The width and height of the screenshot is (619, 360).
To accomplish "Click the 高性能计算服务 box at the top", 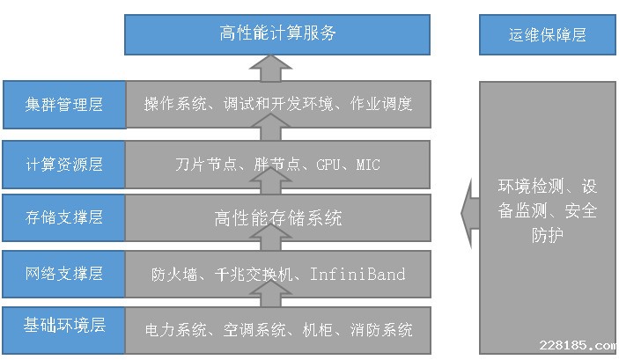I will click(277, 34).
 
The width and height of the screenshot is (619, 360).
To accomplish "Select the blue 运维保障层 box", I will click(547, 35).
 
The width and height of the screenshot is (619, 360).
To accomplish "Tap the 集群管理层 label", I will click(64, 105).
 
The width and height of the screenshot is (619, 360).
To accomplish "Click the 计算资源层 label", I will click(64, 165).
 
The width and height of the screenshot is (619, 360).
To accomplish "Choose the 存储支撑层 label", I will click(64, 217).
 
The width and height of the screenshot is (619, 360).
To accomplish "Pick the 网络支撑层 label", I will click(64, 274).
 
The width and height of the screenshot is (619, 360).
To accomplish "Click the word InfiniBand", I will click(357, 275).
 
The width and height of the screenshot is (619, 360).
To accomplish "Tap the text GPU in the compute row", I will click(328, 165).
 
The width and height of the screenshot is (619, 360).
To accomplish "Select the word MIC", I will click(368, 165).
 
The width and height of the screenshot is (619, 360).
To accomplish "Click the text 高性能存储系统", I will click(278, 217).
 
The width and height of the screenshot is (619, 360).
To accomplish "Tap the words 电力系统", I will click(173, 331).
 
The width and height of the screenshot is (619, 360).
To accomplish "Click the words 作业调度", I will click(383, 104).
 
